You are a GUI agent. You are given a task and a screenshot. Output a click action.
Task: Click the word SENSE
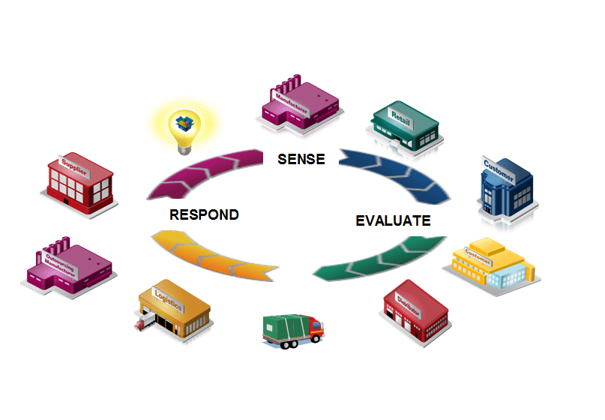301,159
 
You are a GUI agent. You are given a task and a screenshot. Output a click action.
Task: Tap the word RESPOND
204,214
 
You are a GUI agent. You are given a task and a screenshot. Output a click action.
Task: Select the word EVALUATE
393,220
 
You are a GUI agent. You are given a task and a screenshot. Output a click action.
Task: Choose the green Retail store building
405,128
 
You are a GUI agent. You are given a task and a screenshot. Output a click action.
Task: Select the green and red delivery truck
292,330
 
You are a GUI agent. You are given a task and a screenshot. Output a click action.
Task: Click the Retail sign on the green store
401,114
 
